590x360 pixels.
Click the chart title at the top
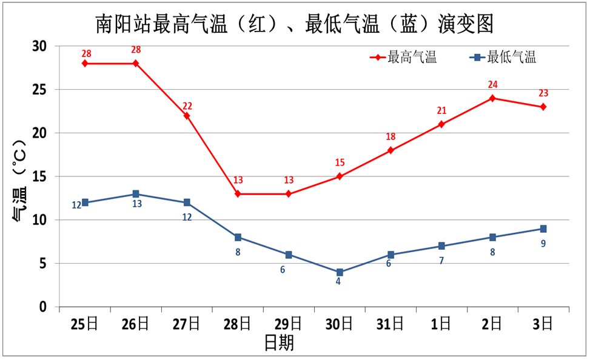tap(295, 24)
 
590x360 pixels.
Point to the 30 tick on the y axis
tap(39, 46)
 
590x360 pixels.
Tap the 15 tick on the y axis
tap(39, 176)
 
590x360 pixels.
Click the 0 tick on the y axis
tap(43, 307)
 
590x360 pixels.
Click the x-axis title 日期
tap(280, 344)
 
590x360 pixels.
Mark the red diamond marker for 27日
tap(187, 116)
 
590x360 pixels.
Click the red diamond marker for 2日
tap(492, 98)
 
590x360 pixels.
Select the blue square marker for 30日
tap(340, 272)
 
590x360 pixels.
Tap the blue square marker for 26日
tap(136, 194)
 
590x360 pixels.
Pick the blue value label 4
tap(338, 281)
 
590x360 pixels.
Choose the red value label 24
tap(492, 85)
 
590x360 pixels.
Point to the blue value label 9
tap(543, 244)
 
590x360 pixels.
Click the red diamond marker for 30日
tap(340, 176)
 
